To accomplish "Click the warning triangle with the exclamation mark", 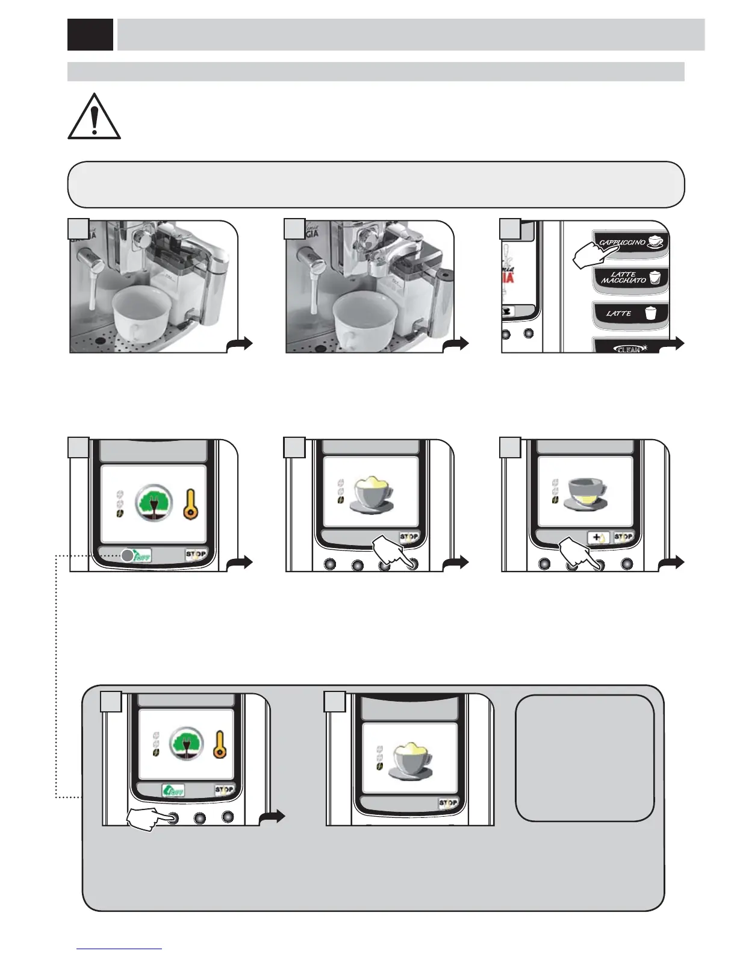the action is pyautogui.click(x=94, y=117).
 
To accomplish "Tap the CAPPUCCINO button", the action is pyautogui.click(x=630, y=243).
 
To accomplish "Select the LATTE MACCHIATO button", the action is pyautogui.click(x=630, y=278).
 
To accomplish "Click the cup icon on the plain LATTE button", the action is pyautogui.click(x=649, y=313).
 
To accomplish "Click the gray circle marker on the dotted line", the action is pyautogui.click(x=127, y=556).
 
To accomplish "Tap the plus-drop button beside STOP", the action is pyautogui.click(x=599, y=537).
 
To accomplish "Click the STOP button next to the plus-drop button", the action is pyautogui.click(x=623, y=537).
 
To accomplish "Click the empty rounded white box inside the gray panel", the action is pyautogui.click(x=585, y=758).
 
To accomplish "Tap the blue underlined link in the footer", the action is pyautogui.click(x=120, y=949).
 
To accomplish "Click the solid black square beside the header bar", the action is pyautogui.click(x=90, y=34).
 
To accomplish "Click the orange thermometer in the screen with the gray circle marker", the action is pyautogui.click(x=191, y=503).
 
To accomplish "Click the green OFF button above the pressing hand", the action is pyautogui.click(x=173, y=790).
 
